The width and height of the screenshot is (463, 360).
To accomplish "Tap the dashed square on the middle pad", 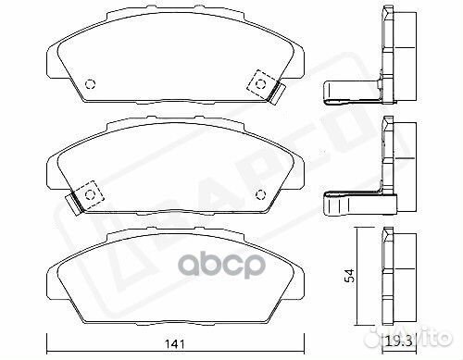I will [90, 192].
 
